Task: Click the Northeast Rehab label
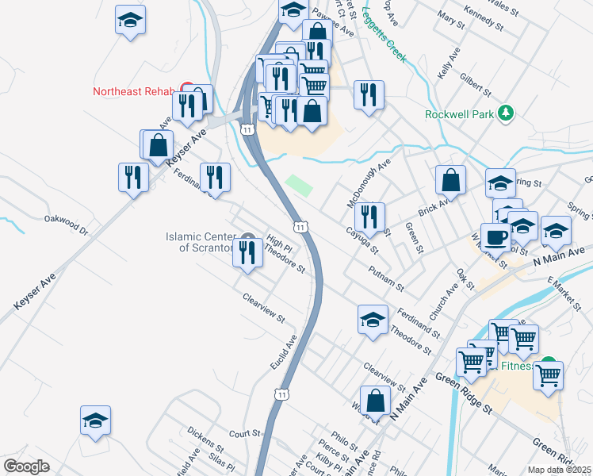[132, 91]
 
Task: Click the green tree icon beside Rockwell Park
[505, 114]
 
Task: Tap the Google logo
[26, 466]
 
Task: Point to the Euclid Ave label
[283, 351]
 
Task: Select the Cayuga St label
[362, 240]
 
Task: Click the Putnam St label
[387, 278]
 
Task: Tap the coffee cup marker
[496, 237]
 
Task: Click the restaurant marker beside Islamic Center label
[247, 253]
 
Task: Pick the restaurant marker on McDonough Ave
[369, 217]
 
